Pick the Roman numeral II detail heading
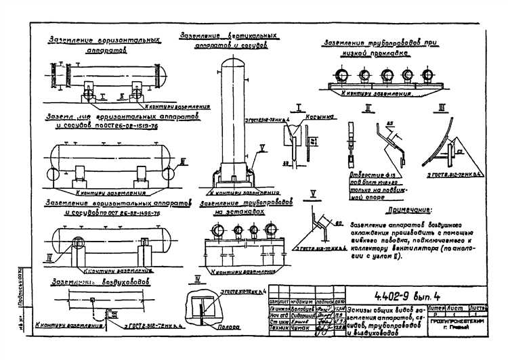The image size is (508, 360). click(366, 108)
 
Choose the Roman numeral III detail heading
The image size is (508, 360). click(441, 107)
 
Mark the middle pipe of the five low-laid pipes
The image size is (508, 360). click(388, 75)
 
